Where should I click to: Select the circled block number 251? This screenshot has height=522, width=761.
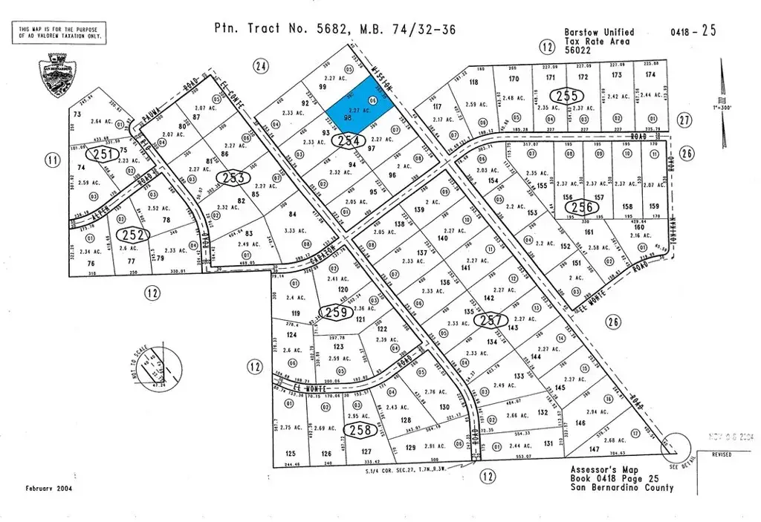[104, 155]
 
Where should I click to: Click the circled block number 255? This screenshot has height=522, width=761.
[564, 96]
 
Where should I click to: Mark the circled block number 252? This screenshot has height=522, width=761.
[138, 235]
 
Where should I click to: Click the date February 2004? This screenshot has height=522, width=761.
[51, 489]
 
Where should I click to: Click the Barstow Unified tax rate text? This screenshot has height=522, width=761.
[598, 36]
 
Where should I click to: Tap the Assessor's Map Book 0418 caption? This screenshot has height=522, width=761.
[621, 479]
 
